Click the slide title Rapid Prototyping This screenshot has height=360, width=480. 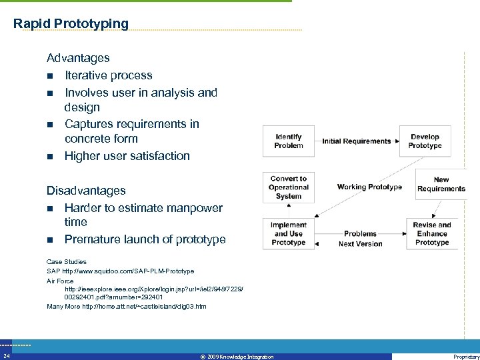click(71, 24)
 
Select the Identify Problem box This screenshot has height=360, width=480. click(288, 141)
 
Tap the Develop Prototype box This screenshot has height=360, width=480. click(425, 141)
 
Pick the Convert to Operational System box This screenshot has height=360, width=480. click(289, 187)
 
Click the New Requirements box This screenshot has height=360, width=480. click(441, 184)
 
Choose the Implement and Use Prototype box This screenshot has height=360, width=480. click(288, 234)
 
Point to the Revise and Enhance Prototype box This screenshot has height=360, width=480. click(432, 234)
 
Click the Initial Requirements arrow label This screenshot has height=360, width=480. click(357, 141)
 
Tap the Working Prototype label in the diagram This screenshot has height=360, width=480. click(369, 187)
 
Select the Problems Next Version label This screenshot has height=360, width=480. click(361, 239)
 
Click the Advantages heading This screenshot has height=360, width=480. click(78, 58)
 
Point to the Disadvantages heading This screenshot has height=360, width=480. click(86, 191)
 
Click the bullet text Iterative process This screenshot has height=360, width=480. click(108, 75)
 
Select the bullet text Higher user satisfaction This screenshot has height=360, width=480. click(127, 156)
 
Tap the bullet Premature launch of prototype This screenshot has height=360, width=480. click(145, 239)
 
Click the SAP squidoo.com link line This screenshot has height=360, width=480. click(120, 271)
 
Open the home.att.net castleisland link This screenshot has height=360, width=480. click(127, 307)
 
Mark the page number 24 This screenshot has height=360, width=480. click(6, 357)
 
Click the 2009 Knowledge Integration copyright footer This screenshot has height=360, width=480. click(237, 357)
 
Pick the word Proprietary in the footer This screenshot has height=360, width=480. click(465, 357)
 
